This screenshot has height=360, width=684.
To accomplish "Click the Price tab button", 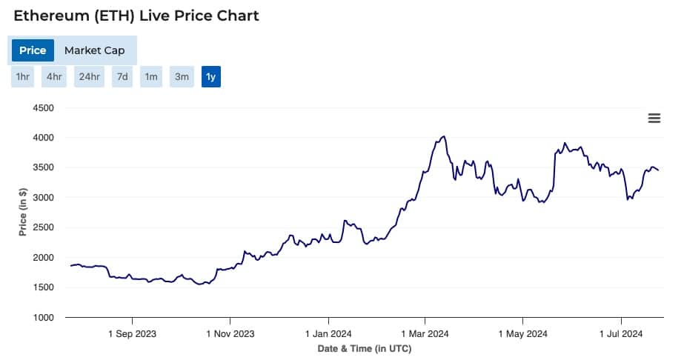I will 33,50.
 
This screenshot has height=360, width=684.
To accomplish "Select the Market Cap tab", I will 94,50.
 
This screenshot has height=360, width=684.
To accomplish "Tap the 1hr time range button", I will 22,76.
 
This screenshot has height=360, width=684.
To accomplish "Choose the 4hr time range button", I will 54,76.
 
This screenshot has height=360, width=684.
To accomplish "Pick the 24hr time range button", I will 89,76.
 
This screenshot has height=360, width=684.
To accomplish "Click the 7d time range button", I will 122,76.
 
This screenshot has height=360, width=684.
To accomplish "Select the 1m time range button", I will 150,76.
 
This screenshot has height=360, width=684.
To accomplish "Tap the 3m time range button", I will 181,76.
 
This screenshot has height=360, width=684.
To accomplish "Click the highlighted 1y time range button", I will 211,76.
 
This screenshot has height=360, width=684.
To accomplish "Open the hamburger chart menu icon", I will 654,119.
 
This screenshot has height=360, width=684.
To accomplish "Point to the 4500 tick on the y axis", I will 44,108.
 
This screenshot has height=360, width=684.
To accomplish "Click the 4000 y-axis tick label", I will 44,138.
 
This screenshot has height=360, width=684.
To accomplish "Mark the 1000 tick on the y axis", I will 44,318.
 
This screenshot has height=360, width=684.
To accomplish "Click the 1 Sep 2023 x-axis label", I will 132,334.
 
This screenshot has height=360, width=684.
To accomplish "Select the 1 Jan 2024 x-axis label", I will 328,334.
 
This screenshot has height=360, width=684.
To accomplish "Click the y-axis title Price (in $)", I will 22,212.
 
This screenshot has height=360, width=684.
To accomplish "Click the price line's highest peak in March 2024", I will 443,136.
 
